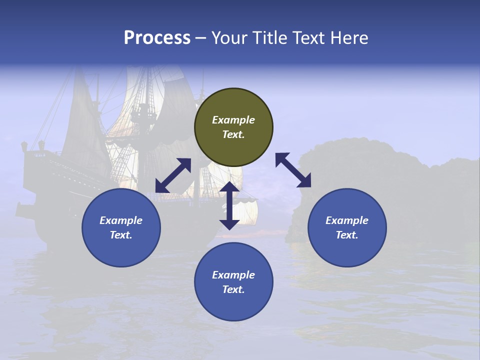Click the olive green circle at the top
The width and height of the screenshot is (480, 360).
233,127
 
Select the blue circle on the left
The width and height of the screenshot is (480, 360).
121,227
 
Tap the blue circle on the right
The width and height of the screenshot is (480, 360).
347,227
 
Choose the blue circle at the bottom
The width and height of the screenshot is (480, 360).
233,282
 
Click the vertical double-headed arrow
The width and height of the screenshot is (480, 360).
229,205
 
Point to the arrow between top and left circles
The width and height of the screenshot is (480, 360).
173,175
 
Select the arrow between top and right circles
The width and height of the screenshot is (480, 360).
293,170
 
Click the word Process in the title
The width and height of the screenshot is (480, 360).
157,38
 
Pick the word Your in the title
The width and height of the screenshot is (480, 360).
229,38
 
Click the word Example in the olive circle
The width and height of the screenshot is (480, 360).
233,120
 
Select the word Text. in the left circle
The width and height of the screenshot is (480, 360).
121,235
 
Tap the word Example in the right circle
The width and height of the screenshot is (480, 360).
347,220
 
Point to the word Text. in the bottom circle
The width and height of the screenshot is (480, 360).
233,289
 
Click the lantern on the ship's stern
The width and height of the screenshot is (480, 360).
24,146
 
